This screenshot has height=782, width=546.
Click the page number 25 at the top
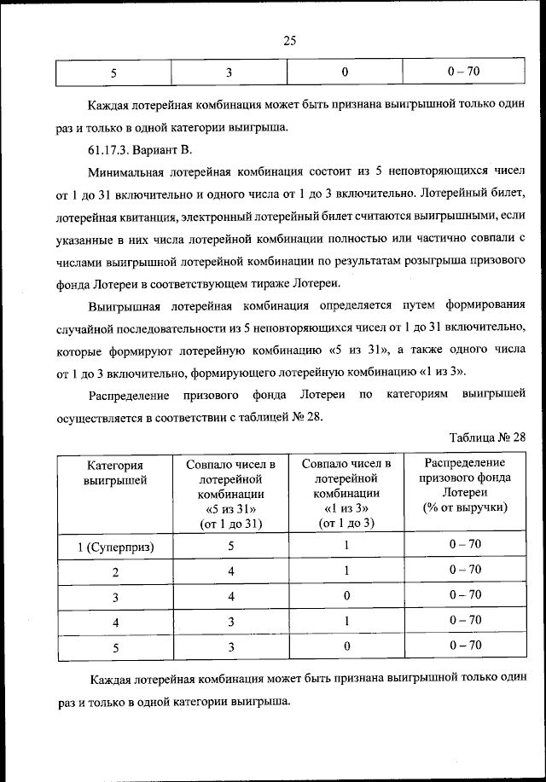tap(288, 40)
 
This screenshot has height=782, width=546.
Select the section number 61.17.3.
tap(111, 150)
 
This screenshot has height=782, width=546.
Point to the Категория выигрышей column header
tap(115, 472)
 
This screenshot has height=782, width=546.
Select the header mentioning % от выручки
tap(465, 484)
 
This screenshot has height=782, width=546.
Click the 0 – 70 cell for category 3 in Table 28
tap(465, 595)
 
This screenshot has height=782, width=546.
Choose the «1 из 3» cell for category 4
tap(346, 621)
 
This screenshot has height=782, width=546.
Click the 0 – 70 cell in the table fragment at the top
tap(465, 72)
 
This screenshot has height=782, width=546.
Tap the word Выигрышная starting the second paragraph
tap(129, 305)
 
